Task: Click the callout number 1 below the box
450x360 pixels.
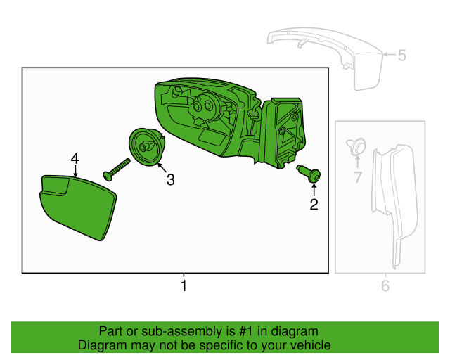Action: pyautogui.click(x=184, y=285)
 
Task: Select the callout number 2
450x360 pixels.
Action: pyautogui.click(x=314, y=205)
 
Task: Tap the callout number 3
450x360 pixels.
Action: pyautogui.click(x=171, y=180)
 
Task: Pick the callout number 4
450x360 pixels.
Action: pyautogui.click(x=75, y=158)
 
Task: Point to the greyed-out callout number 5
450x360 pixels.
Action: pyautogui.click(x=402, y=55)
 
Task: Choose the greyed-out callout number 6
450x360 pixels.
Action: pyautogui.click(x=385, y=285)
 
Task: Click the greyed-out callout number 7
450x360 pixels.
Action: pyautogui.click(x=358, y=177)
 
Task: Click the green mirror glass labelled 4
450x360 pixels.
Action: pyautogui.click(x=78, y=207)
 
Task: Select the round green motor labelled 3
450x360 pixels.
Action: pyautogui.click(x=147, y=147)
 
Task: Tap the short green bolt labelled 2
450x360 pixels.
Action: pyautogui.click(x=309, y=173)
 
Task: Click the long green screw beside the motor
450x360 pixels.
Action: pyautogui.click(x=116, y=169)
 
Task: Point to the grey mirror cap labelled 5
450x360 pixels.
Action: pyautogui.click(x=325, y=58)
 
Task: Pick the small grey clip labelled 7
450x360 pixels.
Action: pyautogui.click(x=356, y=146)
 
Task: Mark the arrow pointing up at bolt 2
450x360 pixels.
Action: pyautogui.click(x=314, y=191)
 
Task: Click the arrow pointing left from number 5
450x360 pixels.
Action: pyautogui.click(x=390, y=54)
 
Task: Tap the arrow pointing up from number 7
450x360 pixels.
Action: pyautogui.click(x=358, y=162)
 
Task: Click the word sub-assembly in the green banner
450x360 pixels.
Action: pyautogui.click(x=182, y=332)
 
